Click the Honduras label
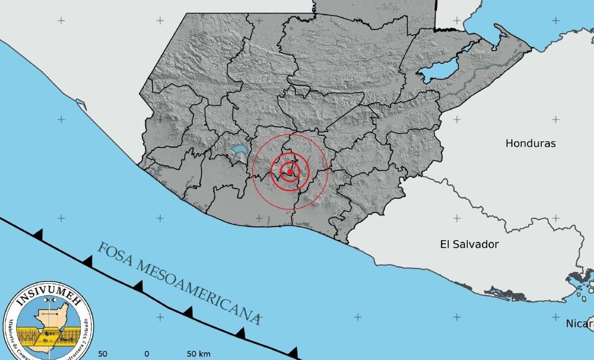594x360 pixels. point(530,143)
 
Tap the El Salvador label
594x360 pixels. point(469,244)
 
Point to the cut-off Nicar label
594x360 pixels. point(579,324)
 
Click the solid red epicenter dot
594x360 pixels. point(290,172)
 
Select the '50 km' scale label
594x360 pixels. point(198,354)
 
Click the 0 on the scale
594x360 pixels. point(147,354)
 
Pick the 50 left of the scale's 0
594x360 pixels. point(103,354)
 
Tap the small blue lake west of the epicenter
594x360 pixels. point(238,149)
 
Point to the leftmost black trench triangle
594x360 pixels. point(39,234)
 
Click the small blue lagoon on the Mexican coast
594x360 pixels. point(81,104)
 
